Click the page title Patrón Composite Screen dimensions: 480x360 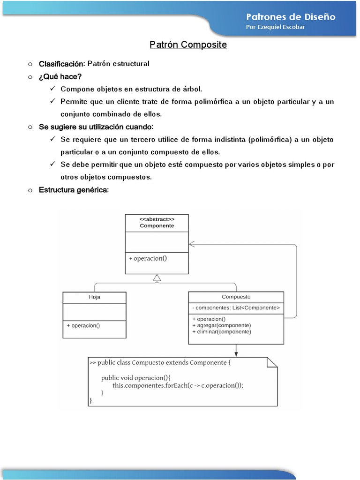tap(188, 45)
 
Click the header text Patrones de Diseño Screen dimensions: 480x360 tap(291, 17)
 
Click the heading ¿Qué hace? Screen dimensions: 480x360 tap(60, 76)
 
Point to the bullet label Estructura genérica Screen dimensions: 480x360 tap(74, 190)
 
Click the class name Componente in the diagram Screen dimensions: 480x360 tap(157, 225)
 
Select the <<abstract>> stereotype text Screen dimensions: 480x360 tap(157, 219)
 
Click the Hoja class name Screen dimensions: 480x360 tap(94, 297)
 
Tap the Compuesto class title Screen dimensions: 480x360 tap(236, 297)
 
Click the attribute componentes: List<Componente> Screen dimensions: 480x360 tap(236, 308)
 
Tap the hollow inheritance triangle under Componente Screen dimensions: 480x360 tap(157, 278)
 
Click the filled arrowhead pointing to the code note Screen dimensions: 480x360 tap(236, 353)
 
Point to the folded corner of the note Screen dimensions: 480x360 tap(272, 362)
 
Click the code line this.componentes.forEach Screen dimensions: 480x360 tap(178, 385)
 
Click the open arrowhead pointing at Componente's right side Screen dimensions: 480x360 tap(192, 244)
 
